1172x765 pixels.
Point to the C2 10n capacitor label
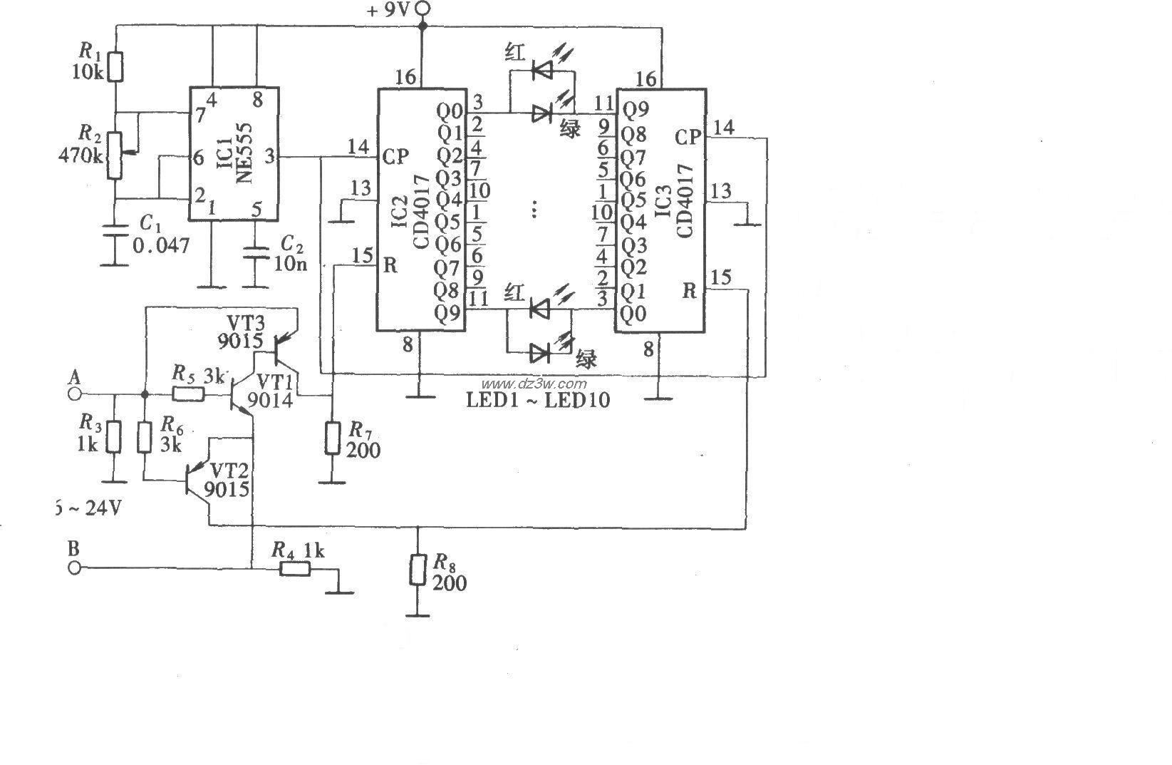[x=291, y=255]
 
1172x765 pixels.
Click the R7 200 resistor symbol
[x=332, y=438]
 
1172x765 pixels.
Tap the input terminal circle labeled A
[x=73, y=394]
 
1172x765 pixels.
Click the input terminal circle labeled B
[x=73, y=568]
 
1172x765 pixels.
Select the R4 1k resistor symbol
[x=294, y=568]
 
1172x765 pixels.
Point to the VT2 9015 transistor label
[x=226, y=480]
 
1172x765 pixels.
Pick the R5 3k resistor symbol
[x=187, y=394]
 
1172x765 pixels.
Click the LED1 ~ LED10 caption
[x=538, y=400]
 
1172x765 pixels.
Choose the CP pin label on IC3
[x=688, y=138]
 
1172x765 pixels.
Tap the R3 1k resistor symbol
[x=114, y=437]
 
